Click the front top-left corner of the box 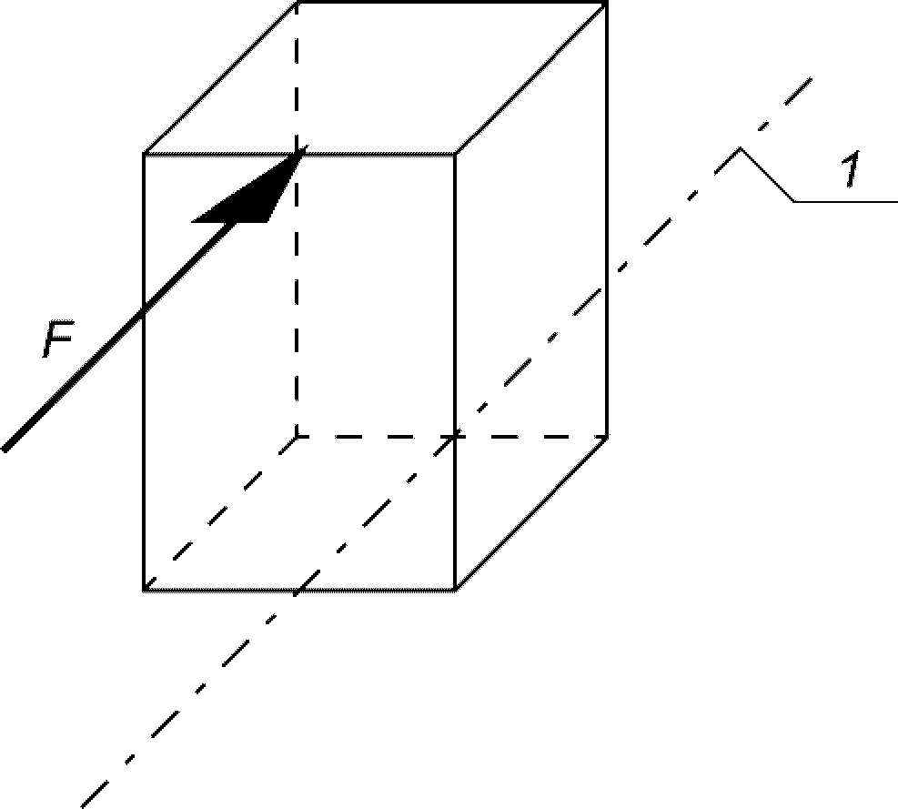pos(145,154)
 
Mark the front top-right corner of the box pos(454,154)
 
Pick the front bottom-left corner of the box pos(145,590)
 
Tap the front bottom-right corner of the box pos(454,590)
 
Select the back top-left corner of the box pos(298,3)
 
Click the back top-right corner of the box pos(606,3)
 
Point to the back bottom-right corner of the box pos(606,437)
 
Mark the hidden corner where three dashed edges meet pos(298,437)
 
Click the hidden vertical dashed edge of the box pos(298,300)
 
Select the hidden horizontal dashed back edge pos(382,437)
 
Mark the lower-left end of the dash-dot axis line pos(85,804)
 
